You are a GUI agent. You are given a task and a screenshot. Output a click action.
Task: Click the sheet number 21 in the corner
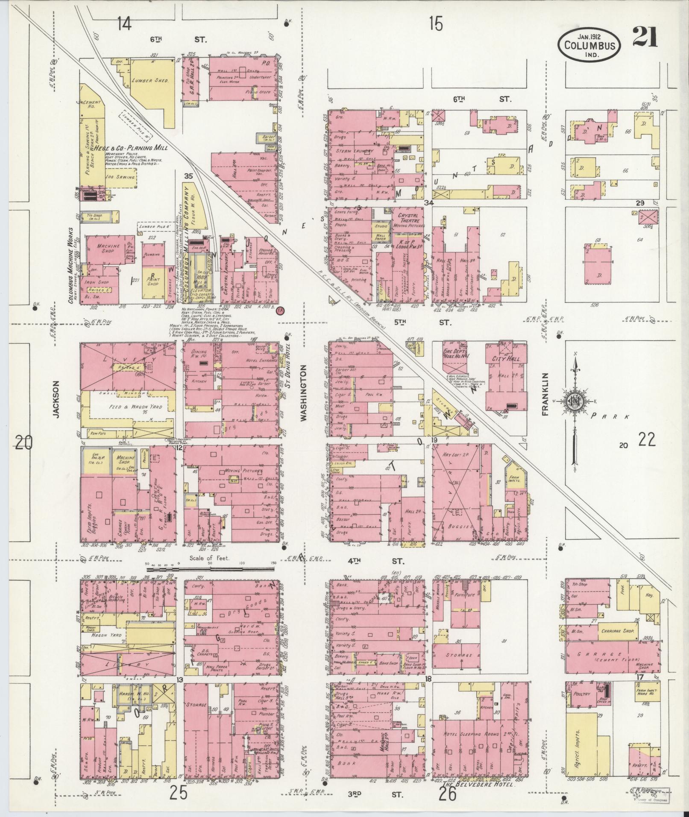pyautogui.click(x=645, y=37)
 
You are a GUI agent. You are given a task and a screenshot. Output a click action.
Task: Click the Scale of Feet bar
pyautogui.click(x=211, y=569)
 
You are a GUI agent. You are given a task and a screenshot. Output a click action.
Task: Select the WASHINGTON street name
pyautogui.click(x=304, y=393)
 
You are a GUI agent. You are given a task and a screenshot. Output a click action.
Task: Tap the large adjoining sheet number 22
pyautogui.click(x=647, y=439)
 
